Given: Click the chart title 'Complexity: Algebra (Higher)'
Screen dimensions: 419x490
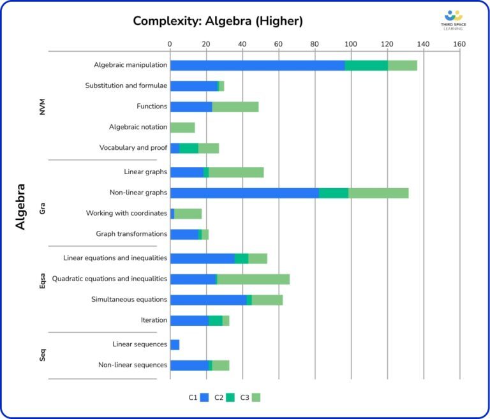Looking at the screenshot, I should click(218, 20).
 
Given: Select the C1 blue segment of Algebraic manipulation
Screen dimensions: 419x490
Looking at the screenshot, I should click(257, 65).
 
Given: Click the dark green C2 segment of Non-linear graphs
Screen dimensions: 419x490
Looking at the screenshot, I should click(333, 193).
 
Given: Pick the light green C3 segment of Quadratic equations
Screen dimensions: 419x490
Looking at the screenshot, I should click(253, 279).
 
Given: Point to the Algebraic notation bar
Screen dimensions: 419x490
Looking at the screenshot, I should click(182, 128).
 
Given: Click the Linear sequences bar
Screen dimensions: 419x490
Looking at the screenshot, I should click(175, 344).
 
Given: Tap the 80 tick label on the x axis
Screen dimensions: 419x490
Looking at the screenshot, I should click(315, 44).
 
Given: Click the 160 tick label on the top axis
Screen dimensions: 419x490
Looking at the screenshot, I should click(459, 44).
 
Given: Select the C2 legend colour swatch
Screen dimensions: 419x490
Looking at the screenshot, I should click(230, 397).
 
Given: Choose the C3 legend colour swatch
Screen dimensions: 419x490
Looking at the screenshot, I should click(256, 397).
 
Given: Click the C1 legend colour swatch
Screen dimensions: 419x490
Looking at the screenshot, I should click(205, 397).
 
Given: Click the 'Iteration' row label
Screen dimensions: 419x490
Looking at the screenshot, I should click(154, 320).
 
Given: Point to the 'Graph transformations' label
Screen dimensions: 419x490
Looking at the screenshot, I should click(131, 234).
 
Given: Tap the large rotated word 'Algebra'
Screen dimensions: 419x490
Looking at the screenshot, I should click(20, 207).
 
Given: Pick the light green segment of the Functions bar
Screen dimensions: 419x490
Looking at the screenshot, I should click(235, 107).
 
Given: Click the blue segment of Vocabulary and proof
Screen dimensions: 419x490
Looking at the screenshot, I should click(175, 148).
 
